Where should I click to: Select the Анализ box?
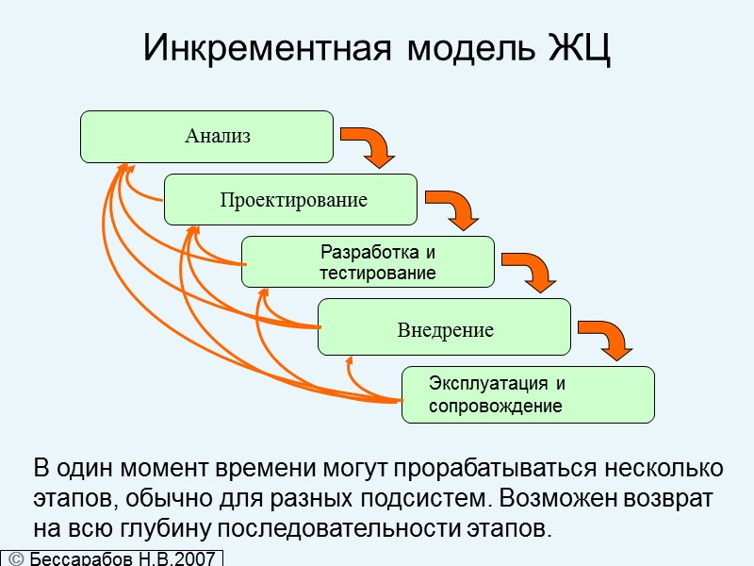206,137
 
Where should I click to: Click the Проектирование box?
290,200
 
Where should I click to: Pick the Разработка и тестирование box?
368,262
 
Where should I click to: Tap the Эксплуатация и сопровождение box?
528,394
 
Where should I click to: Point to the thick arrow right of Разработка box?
529,271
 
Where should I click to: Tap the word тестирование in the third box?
377,274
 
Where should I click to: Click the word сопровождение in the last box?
496,407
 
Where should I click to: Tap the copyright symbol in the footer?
16,558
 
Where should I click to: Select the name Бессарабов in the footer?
79,558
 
